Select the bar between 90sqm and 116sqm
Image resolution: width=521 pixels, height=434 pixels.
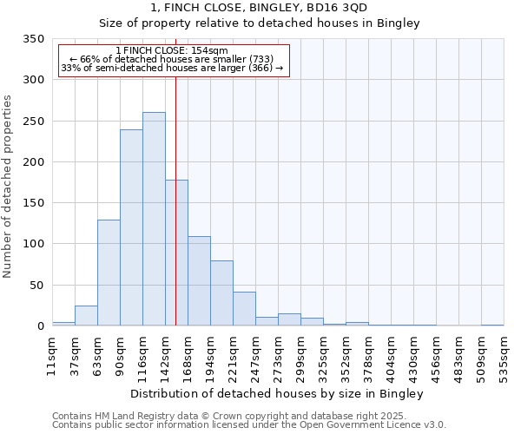[x=131, y=227]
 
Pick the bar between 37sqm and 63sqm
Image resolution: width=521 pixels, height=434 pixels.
[x=86, y=316]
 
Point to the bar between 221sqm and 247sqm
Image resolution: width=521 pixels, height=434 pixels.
[x=244, y=309]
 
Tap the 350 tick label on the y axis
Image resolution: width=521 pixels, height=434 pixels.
[x=34, y=39]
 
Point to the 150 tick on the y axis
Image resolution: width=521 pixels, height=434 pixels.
[x=34, y=203]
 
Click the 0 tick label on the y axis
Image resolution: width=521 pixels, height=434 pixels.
[x=40, y=326]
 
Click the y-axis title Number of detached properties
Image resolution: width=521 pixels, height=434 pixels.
[x=9, y=187]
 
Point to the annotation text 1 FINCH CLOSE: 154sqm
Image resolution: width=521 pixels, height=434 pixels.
[x=172, y=51]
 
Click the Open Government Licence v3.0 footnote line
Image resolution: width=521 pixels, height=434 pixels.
[x=248, y=424]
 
